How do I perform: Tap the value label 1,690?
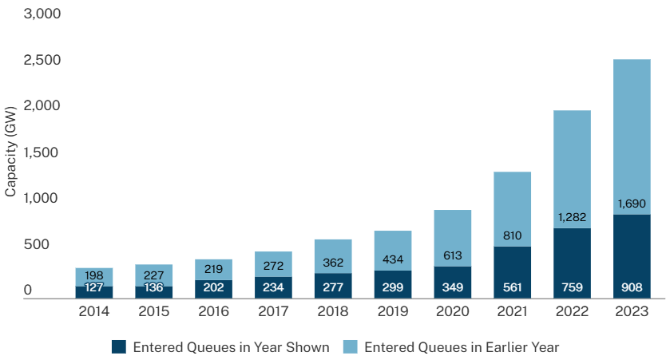coord(627,204)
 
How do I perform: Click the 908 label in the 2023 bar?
coord(627,287)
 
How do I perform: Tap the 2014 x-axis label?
coord(95,311)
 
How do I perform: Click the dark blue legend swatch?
coord(119,346)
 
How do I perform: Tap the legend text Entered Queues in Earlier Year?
coord(462,346)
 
